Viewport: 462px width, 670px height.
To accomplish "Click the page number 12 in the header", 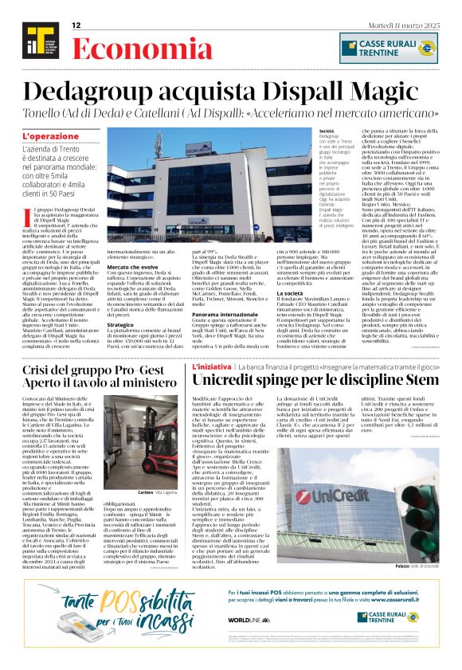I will [76, 26].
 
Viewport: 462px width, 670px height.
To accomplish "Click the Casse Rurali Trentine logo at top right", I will [389, 47].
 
